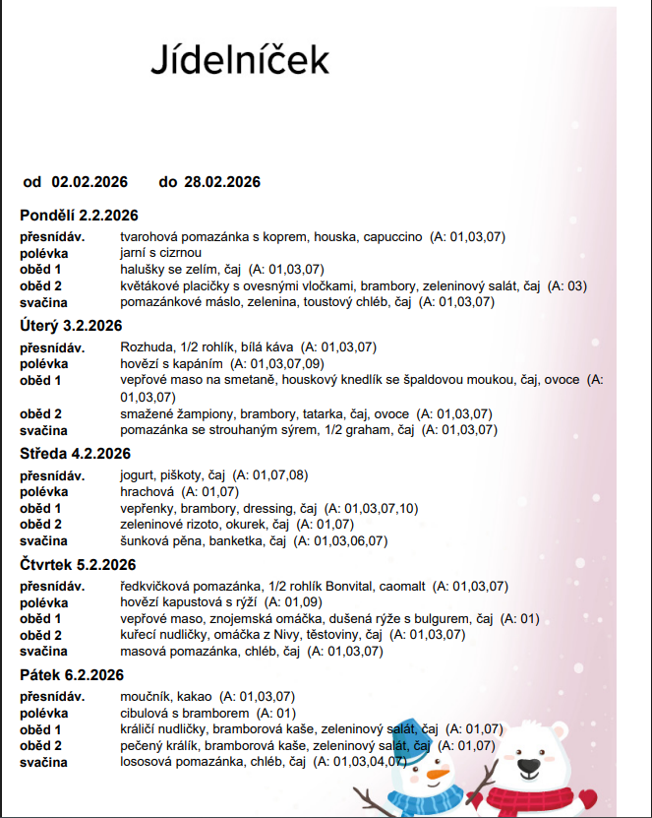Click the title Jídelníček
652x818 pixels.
pos(240,59)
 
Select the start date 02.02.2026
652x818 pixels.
pos(90,181)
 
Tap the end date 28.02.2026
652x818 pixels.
pos(222,181)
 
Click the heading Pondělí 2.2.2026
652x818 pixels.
pos(79,216)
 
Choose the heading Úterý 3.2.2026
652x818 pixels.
pos(71,326)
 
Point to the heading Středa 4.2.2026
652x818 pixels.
pos(76,454)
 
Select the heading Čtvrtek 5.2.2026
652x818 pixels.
pos(78,564)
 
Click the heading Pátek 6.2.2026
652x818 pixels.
pos(72,674)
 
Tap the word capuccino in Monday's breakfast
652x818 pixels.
pos(392,237)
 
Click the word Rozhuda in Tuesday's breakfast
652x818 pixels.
pos(145,347)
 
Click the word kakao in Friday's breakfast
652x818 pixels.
pos(194,697)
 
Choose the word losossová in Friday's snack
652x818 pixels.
pos(148,761)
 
